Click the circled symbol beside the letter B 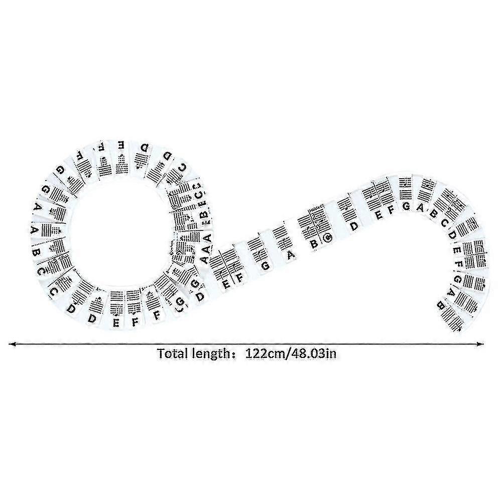click(x=327, y=237)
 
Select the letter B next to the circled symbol click(x=313, y=244)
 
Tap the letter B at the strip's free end click(x=441, y=304)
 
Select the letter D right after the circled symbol click(x=354, y=226)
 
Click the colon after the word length click(x=232, y=353)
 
